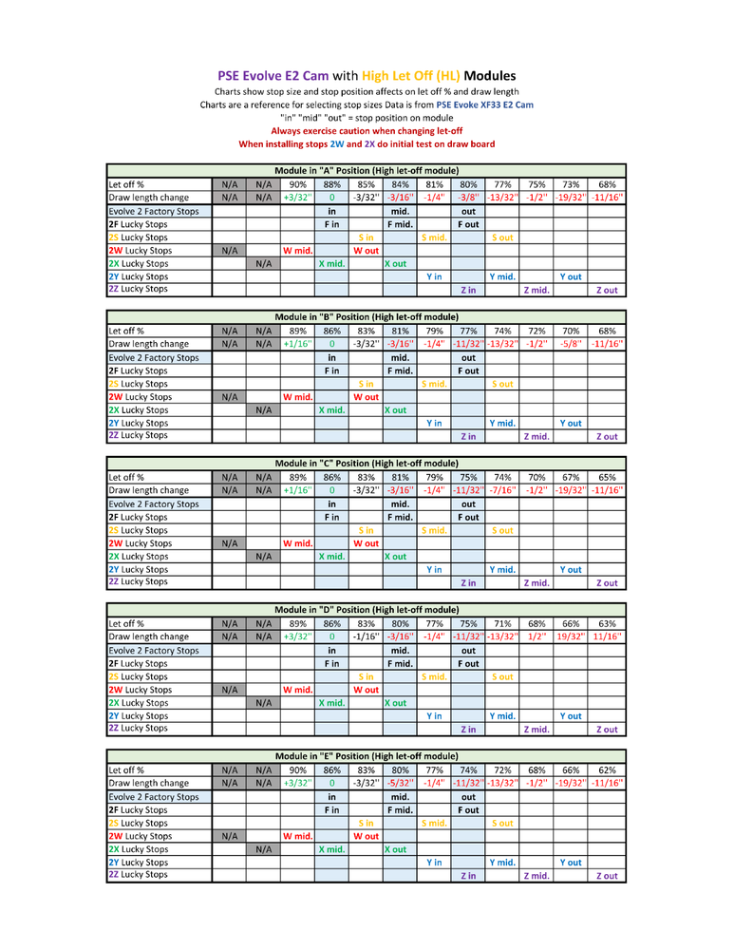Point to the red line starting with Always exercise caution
pyautogui.click(x=367, y=130)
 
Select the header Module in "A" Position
pyautogui.click(x=367, y=171)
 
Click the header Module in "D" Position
pyautogui.click(x=367, y=610)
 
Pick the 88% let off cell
pyautogui.click(x=332, y=184)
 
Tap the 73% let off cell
pyautogui.click(x=571, y=184)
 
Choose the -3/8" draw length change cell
pyautogui.click(x=468, y=198)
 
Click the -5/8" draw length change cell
pyautogui.click(x=571, y=344)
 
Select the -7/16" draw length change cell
pyautogui.click(x=502, y=490)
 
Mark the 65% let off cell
pyautogui.click(x=607, y=477)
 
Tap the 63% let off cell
pyautogui.click(x=607, y=623)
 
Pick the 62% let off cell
pyautogui.click(x=607, y=769)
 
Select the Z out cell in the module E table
pyautogui.click(x=607, y=876)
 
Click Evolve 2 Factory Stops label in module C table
pyautogui.click(x=154, y=503)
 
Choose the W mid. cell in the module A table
pyautogui.click(x=298, y=251)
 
